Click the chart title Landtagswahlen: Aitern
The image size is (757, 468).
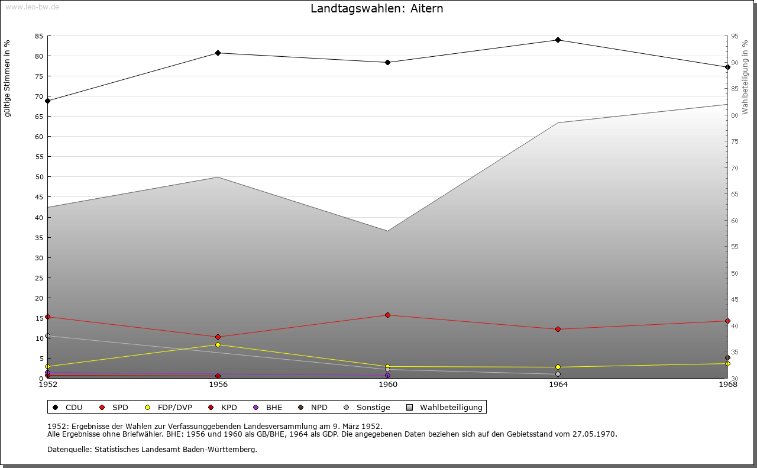tap(377, 9)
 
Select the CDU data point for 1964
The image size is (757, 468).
tap(558, 40)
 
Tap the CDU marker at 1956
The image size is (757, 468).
tap(218, 53)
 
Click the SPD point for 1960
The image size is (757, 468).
tap(387, 315)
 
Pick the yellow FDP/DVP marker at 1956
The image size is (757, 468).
tap(218, 344)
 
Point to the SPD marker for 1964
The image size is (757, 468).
tap(558, 330)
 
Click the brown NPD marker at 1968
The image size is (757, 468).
tap(727, 358)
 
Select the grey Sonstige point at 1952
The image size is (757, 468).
tap(48, 336)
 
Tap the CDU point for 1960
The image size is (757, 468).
tap(387, 63)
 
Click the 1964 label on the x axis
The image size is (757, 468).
tap(558, 385)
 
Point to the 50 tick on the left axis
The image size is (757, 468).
tap(38, 177)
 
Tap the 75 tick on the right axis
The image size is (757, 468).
tap(735, 141)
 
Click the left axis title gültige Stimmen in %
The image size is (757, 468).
tap(8, 79)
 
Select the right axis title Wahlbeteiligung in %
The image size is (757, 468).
tap(745, 78)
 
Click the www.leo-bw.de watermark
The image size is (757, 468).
tap(31, 6)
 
